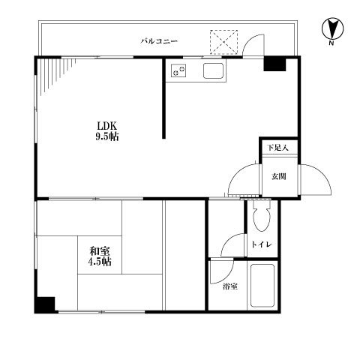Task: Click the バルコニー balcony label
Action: point(159,41)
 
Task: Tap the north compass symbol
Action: point(332,28)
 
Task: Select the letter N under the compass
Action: point(331,43)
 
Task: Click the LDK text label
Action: point(107,125)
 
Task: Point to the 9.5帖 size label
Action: point(107,136)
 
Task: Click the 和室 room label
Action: point(100,250)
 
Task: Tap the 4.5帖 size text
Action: point(100,262)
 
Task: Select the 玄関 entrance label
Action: point(279,177)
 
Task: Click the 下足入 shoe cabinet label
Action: point(278,148)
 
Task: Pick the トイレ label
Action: point(262,244)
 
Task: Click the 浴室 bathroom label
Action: point(230,286)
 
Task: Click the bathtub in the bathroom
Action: point(262,286)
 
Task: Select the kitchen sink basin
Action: point(213,70)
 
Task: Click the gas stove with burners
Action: point(178,70)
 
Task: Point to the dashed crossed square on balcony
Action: point(223,42)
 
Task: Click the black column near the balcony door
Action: point(275,64)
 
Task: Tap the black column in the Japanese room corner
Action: point(45,304)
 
